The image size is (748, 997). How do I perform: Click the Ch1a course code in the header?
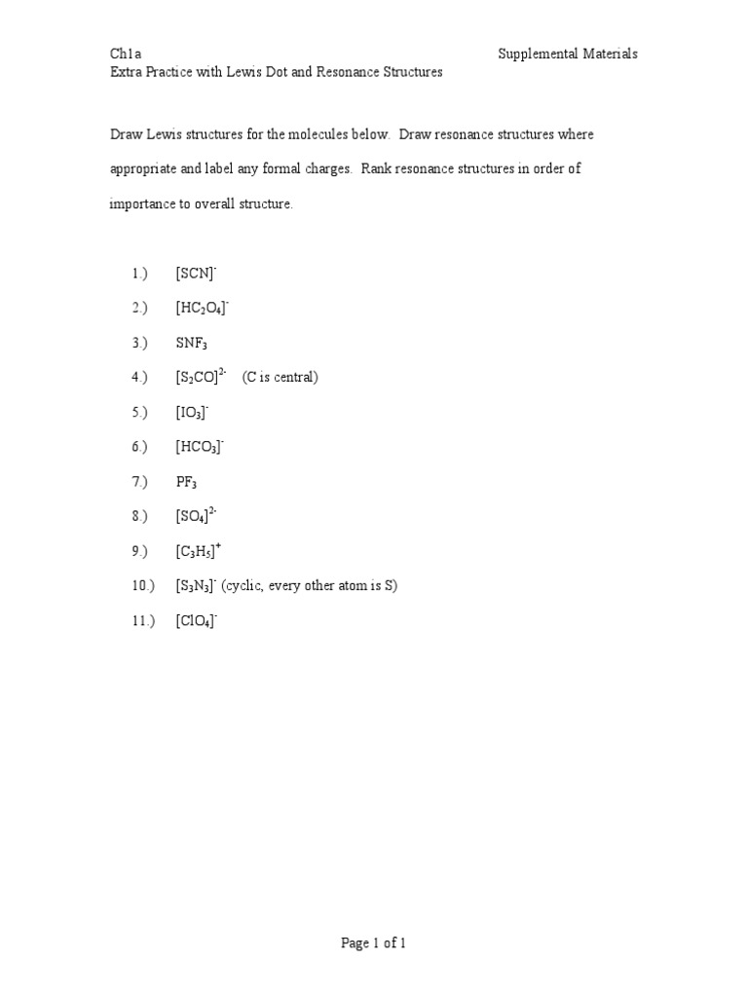click(x=125, y=55)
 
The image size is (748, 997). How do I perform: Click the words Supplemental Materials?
click(x=568, y=55)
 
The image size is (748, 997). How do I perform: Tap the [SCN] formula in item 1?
click(x=202, y=275)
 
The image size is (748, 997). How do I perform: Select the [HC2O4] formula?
click(x=202, y=309)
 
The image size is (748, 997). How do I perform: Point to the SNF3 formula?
click(x=192, y=344)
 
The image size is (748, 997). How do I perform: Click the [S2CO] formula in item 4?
click(x=201, y=378)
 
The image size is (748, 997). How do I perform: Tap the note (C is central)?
click(x=280, y=378)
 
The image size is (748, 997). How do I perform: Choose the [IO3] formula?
click(x=192, y=413)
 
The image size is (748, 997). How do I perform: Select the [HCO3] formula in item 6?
click(x=200, y=448)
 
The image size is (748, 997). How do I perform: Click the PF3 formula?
click(x=186, y=482)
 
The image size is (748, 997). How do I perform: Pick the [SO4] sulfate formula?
click(x=196, y=516)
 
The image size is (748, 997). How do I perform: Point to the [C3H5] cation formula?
click(x=199, y=551)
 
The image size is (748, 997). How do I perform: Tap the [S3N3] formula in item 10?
click(x=196, y=586)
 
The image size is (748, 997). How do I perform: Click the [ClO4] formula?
click(x=196, y=620)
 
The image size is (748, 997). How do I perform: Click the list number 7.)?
click(x=139, y=482)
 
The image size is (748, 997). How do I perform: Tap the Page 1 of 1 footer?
click(x=373, y=943)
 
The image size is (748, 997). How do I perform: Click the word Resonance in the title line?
click(x=348, y=73)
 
